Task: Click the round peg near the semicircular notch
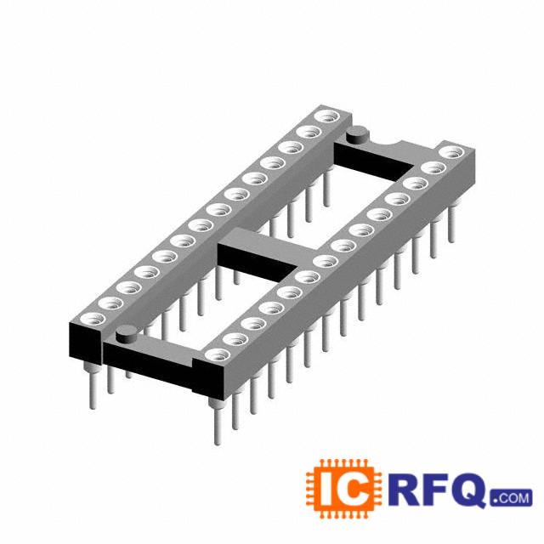pos(359,134)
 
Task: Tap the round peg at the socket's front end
pos(127,334)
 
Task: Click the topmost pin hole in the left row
pos(327,116)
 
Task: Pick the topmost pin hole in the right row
pos(451,153)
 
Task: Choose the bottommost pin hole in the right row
pos(218,355)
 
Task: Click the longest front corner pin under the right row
pos(217,421)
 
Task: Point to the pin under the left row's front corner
pos(92,386)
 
